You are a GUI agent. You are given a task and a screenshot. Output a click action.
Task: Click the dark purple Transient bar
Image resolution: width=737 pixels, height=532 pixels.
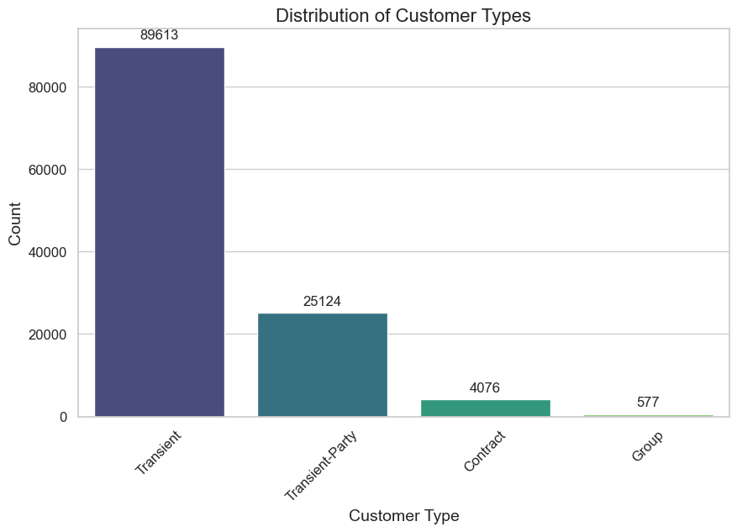click(160, 231)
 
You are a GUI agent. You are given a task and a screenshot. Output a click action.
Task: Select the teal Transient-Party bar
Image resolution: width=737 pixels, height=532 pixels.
click(322, 365)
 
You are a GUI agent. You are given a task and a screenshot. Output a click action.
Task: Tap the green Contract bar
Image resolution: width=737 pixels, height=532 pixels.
click(485, 408)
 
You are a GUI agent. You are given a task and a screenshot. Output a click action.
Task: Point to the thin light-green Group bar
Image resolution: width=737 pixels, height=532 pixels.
click(648, 415)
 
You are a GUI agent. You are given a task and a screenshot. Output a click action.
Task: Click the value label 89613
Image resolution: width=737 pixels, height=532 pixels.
click(160, 35)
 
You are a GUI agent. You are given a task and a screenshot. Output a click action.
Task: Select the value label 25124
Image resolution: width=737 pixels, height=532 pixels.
click(322, 301)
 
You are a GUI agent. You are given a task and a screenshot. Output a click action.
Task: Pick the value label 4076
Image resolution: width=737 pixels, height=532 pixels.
click(485, 387)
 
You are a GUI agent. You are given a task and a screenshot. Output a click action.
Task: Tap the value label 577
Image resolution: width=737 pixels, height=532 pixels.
click(648, 402)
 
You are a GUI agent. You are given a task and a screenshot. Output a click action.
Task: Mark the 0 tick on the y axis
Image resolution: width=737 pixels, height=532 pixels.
click(64, 417)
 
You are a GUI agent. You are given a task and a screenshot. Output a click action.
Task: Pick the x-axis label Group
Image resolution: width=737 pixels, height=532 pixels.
click(647, 446)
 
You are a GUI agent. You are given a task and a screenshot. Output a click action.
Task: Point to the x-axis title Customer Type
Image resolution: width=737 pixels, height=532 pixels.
click(403, 515)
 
